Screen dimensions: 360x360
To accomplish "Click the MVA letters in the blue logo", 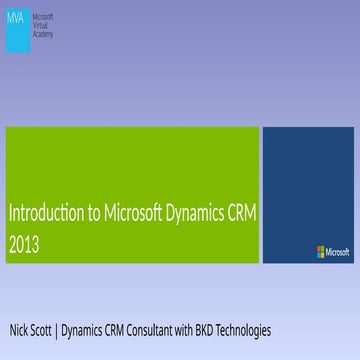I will [17, 18].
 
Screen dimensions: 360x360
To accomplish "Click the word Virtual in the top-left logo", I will [43, 26].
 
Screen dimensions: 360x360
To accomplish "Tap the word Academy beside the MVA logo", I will [44, 34].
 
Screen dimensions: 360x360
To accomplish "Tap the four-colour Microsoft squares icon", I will [321, 252].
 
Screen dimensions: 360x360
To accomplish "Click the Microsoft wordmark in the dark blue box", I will [338, 252].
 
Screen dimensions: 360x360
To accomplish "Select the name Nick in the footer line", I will [19, 330].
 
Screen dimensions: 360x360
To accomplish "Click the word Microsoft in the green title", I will [131, 213].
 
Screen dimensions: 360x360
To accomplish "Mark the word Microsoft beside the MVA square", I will [45, 18].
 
